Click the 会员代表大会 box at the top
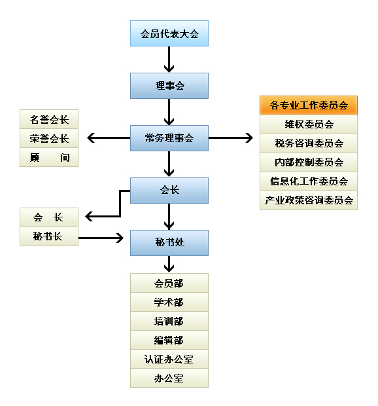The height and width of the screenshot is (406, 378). tap(169, 33)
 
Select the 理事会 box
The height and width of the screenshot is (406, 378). tap(169, 86)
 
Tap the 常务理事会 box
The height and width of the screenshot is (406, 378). tap(169, 138)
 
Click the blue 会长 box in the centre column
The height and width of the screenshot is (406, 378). tap(169, 191)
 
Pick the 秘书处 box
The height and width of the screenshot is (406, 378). tap(169, 242)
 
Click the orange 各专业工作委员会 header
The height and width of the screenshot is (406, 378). tap(309, 105)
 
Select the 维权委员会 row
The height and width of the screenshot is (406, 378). tap(309, 124)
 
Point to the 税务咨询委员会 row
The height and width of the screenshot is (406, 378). tap(309, 143)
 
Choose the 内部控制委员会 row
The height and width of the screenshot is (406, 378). tap(309, 162)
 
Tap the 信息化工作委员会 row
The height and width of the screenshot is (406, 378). tap(309, 181)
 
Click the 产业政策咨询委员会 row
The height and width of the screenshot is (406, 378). tap(309, 200)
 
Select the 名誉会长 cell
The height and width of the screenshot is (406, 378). tap(49, 119)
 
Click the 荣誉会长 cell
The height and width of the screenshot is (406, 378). tap(49, 138)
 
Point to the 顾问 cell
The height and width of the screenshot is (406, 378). tap(49, 157)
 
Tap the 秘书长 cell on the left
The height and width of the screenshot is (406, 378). tap(49, 236)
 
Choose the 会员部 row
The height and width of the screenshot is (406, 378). tap(169, 283)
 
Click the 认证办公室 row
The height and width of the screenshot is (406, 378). tap(169, 359)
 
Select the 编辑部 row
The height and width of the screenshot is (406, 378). tap(169, 340)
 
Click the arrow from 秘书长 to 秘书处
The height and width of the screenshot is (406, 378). tap(101, 238)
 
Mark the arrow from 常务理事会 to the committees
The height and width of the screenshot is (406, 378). tap(231, 138)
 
